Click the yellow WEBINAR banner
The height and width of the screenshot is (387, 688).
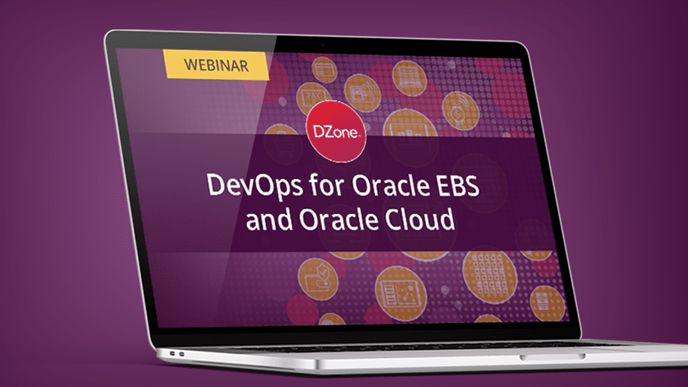point(216,65)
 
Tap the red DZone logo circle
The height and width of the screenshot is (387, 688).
point(337,131)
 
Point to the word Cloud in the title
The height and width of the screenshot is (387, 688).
point(420,219)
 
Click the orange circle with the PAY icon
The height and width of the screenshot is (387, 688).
point(312,97)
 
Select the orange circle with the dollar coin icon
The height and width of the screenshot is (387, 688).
point(460,111)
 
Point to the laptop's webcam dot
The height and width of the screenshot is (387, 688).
point(322,45)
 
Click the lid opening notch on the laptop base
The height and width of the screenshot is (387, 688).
point(553,357)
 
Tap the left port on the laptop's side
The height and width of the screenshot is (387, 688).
point(173,354)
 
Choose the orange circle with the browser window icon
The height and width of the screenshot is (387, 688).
point(325,70)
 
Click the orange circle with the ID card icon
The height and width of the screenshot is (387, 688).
point(362,93)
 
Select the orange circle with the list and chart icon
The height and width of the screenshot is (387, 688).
point(400,294)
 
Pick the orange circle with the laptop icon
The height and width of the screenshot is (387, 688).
point(410,78)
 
